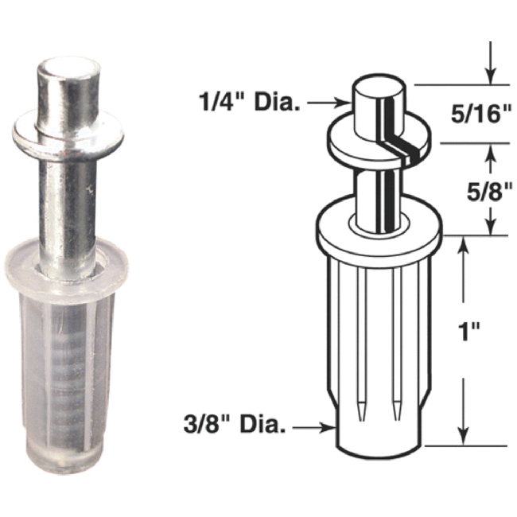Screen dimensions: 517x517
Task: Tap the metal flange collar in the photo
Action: click(x=68, y=137)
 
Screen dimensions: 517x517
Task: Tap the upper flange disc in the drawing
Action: click(x=380, y=142)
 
